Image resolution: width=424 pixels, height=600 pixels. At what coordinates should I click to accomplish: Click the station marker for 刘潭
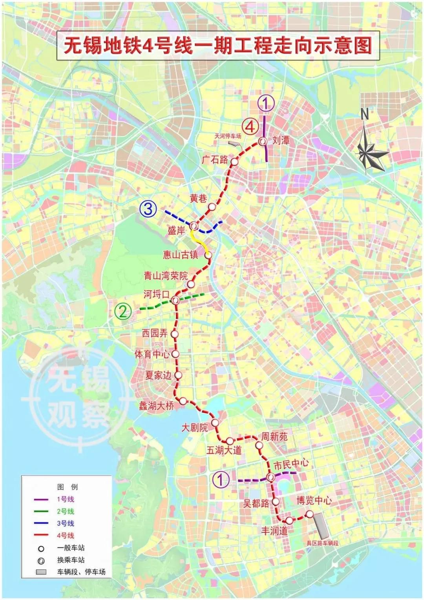[x=263, y=141]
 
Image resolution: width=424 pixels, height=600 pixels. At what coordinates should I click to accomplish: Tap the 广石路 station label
[x=215, y=160]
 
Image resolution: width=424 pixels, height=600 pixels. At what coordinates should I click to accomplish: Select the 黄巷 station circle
[x=212, y=207]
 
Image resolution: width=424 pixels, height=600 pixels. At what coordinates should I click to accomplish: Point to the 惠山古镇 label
[x=181, y=255]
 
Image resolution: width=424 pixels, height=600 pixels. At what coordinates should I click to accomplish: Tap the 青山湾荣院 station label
[x=166, y=276]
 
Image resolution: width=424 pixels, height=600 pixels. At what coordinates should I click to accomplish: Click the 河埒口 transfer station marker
[x=175, y=301]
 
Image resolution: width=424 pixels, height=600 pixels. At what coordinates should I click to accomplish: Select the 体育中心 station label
[x=152, y=354]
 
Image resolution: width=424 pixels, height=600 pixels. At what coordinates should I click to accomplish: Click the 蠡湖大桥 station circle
[x=183, y=401]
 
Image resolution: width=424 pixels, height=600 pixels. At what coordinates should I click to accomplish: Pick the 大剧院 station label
[x=194, y=428]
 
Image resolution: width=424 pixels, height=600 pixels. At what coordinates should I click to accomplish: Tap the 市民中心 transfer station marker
[x=270, y=477]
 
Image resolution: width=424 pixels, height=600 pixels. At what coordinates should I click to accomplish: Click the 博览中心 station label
[x=314, y=500]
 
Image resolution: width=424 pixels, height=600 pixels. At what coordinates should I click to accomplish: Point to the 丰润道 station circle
[x=289, y=520]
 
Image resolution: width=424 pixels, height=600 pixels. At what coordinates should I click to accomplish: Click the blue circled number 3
[x=148, y=209]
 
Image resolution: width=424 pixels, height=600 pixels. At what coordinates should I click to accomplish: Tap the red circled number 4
[x=250, y=127]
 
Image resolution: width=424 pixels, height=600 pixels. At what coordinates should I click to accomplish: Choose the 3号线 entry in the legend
[x=66, y=523]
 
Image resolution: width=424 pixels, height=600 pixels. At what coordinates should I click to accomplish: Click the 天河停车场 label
[x=228, y=136]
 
